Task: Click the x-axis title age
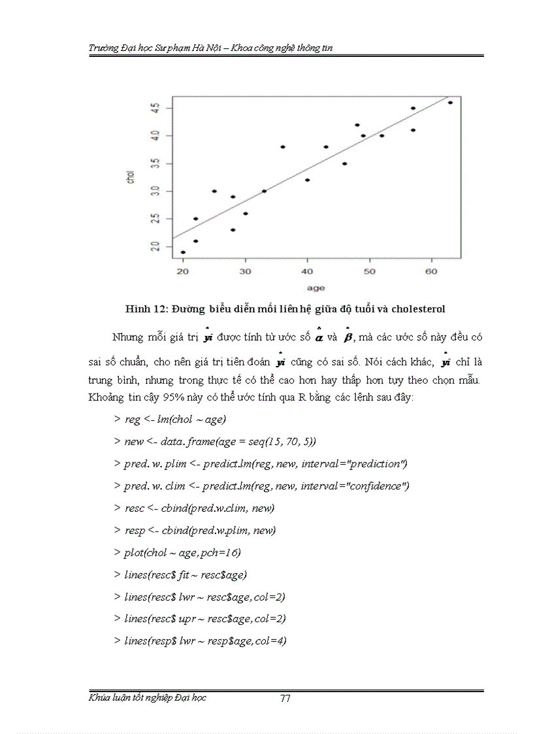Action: click(x=316, y=288)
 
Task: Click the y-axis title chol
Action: click(x=130, y=176)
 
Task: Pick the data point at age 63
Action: click(x=450, y=103)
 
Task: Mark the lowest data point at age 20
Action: click(x=183, y=252)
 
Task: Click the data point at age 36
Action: click(x=282, y=147)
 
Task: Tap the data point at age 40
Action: click(x=307, y=180)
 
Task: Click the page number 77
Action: click(x=285, y=698)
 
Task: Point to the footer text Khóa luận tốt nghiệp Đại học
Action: click(x=147, y=697)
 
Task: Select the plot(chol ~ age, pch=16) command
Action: click(x=182, y=553)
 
